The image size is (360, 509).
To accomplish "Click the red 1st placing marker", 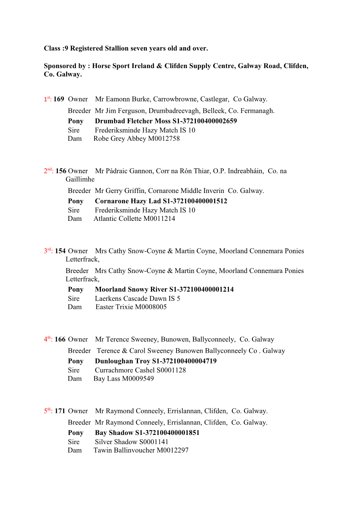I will pos(48,99).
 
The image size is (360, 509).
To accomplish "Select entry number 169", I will pos(59,99).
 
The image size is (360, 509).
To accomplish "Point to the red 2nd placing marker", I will pos(48,171).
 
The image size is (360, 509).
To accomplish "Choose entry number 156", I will pos(61,171).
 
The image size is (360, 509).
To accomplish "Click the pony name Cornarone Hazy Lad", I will pos(128,201).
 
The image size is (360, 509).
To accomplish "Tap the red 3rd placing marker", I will pos(48,251).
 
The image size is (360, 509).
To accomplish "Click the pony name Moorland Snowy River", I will pos(131,290).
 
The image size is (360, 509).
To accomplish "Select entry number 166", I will pos(60,339).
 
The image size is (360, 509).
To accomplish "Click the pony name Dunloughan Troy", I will pos(122,361).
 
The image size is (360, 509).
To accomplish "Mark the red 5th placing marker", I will pos(48,411).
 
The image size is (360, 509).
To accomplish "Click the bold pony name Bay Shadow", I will pos(114,433).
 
